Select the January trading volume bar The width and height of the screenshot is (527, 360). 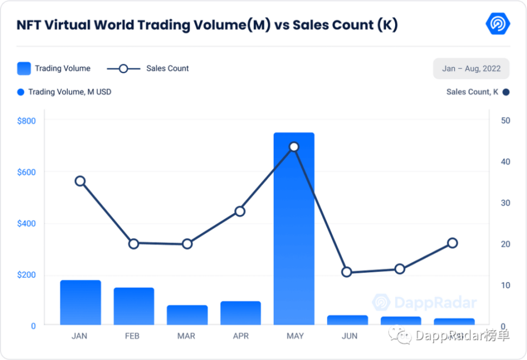point(80,303)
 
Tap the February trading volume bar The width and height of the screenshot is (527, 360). point(133,306)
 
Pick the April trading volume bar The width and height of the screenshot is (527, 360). point(240,313)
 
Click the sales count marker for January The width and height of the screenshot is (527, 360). point(80,181)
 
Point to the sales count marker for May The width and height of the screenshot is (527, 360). point(294,147)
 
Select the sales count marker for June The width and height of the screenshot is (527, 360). point(347,272)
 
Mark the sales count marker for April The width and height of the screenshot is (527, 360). point(240,211)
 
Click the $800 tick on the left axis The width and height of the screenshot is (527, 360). point(26,121)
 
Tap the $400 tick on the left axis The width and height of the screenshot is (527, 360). point(26,223)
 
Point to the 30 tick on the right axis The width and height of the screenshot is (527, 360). point(505,203)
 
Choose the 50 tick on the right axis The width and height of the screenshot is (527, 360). point(505,120)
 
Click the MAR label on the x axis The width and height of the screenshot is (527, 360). point(186,336)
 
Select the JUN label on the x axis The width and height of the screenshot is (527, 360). point(349,336)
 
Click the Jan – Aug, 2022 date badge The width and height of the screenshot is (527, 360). point(471,69)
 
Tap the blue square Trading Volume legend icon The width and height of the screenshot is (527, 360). point(24,69)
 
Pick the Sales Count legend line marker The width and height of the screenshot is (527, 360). point(123,69)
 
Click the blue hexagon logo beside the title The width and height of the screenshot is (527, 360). point(497,24)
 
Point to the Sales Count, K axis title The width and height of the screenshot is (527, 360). point(472,92)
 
